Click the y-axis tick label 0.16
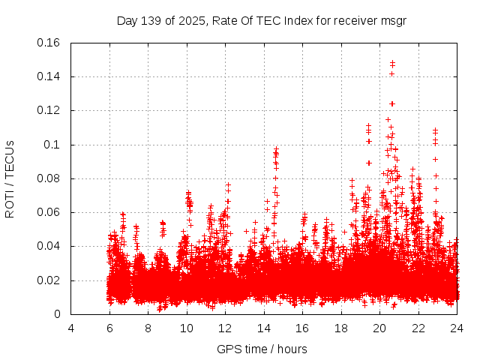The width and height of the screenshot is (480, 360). click(49, 43)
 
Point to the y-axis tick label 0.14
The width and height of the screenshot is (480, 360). click(49, 76)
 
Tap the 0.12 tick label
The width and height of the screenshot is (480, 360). click(49, 110)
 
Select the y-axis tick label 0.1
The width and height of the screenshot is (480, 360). click(52, 145)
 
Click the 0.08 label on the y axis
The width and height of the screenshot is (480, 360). click(49, 178)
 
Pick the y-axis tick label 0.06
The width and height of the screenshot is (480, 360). click(49, 212)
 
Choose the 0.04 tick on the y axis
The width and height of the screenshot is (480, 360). click(49, 246)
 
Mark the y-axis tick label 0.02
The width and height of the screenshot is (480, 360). click(49, 280)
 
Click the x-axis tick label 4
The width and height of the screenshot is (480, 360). click(70, 328)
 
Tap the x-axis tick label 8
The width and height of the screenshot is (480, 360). click(148, 328)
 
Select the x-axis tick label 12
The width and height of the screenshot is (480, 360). click(225, 328)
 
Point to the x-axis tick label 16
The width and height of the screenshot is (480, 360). click(302, 328)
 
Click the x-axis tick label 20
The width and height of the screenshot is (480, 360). click(379, 328)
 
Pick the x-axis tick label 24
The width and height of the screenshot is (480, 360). click(457, 328)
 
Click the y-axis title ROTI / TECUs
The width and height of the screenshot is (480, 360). click(10, 178)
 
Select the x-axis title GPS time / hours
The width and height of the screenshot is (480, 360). click(262, 349)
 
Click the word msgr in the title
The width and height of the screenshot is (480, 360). click(392, 21)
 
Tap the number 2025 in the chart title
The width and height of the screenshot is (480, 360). click(192, 21)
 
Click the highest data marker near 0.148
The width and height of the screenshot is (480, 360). click(392, 63)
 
